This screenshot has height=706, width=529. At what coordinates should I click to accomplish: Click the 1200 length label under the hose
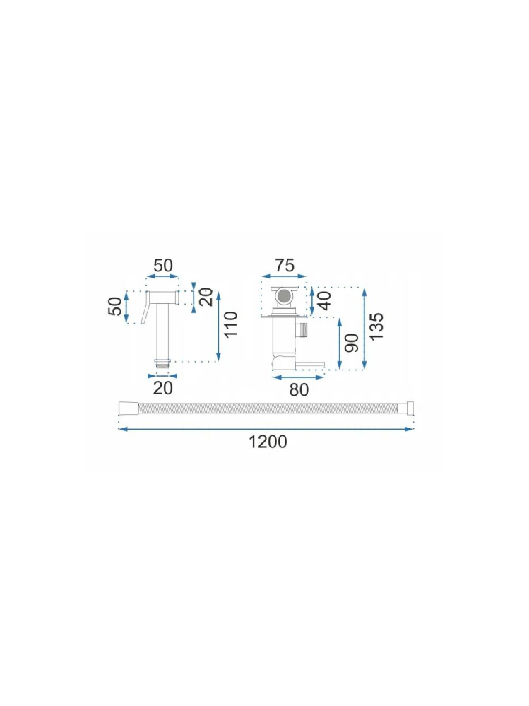pyautogui.click(x=268, y=442)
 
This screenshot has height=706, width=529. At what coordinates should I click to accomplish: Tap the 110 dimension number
pyautogui.click(x=230, y=324)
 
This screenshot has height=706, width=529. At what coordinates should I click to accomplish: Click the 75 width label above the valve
pyautogui.click(x=284, y=266)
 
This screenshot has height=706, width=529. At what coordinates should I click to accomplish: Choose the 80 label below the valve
pyautogui.click(x=299, y=389)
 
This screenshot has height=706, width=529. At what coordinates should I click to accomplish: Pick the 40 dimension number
pyautogui.click(x=324, y=300)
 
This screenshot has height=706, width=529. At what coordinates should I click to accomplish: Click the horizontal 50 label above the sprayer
pyautogui.click(x=163, y=266)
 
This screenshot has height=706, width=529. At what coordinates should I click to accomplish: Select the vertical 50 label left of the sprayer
pyautogui.click(x=115, y=306)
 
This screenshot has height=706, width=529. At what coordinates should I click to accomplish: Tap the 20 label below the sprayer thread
pyautogui.click(x=162, y=388)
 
